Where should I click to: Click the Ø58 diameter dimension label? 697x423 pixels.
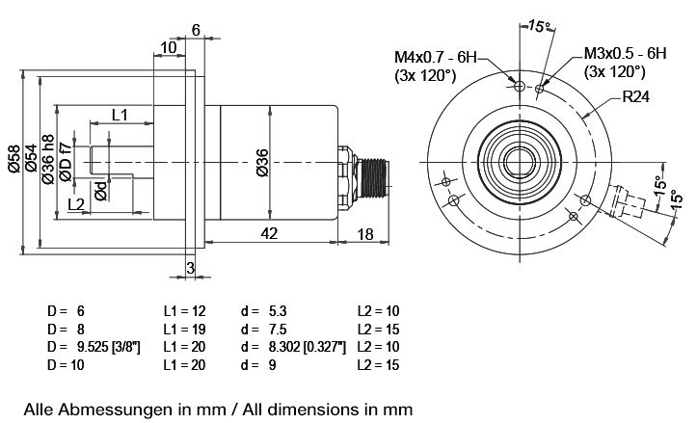14,159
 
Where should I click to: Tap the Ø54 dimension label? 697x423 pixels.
31,158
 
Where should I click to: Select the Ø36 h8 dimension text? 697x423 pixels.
47,159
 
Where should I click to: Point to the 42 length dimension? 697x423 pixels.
269,233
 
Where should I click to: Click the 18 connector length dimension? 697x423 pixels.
365,234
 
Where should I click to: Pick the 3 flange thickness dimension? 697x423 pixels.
190,268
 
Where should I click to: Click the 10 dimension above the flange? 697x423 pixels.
169,47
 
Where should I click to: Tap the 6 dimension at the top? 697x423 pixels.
196,30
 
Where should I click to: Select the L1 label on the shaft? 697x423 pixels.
120,115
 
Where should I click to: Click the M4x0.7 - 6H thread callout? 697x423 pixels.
435,57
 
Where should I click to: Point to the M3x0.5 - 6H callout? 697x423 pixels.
625,53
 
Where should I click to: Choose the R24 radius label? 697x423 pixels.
635,96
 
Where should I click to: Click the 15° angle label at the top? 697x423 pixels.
539,26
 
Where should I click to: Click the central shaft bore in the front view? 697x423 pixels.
520,162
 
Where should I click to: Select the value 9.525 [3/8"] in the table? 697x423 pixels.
106,347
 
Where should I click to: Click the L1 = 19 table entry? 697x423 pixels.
184,330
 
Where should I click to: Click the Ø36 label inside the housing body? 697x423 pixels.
262,163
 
